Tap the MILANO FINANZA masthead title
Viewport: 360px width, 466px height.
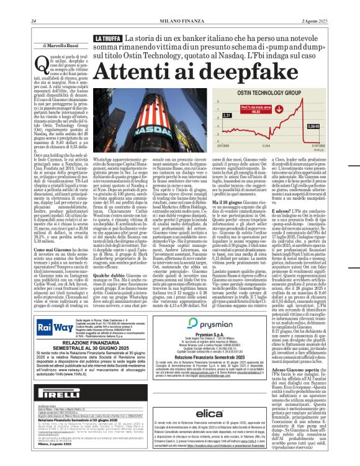tap(178, 6)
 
